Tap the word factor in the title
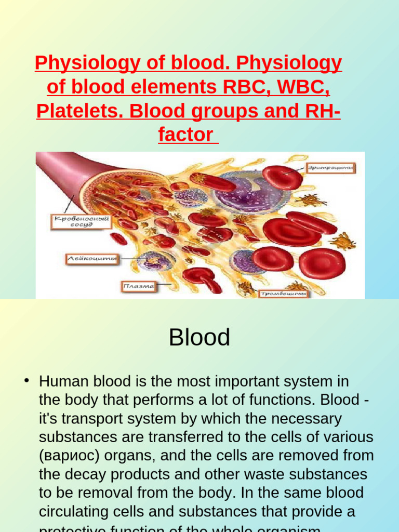coord(185,135)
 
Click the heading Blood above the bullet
coord(199,338)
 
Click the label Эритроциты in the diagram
coord(330,167)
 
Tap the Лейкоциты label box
coord(91,258)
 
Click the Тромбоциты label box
coord(284,294)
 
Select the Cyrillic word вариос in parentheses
coord(70,456)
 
